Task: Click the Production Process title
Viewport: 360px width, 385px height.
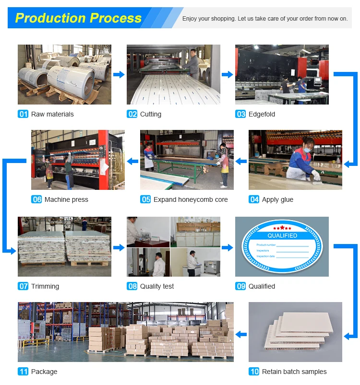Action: pyautogui.click(x=78, y=18)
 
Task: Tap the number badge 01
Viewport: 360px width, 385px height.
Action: pyautogui.click(x=23, y=114)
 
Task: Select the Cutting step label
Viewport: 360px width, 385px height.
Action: pyautogui.click(x=150, y=114)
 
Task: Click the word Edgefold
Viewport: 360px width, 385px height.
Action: pyautogui.click(x=262, y=114)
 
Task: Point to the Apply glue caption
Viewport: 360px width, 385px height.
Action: pyautogui.click(x=277, y=199)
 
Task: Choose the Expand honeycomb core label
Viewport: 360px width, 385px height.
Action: pyautogui.click(x=191, y=199)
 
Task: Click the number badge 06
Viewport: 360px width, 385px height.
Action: pyautogui.click(x=36, y=199)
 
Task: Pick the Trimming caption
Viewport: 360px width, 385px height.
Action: pyautogui.click(x=45, y=286)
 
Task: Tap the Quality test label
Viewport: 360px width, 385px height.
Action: pyautogui.click(x=157, y=286)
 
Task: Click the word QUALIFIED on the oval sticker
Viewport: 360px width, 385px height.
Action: pyautogui.click(x=282, y=235)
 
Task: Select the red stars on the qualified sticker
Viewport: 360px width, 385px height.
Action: pyautogui.click(x=282, y=227)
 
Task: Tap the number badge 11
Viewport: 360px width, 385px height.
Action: pyautogui.click(x=23, y=372)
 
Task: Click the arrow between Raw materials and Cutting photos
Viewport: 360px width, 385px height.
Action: pyautogui.click(x=119, y=74)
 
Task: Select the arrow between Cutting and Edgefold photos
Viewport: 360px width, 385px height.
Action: pyautogui.click(x=228, y=74)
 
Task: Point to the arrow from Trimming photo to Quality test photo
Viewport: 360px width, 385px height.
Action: pyautogui.click(x=119, y=247)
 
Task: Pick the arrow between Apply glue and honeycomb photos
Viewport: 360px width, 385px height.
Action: pyautogui.click(x=241, y=162)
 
